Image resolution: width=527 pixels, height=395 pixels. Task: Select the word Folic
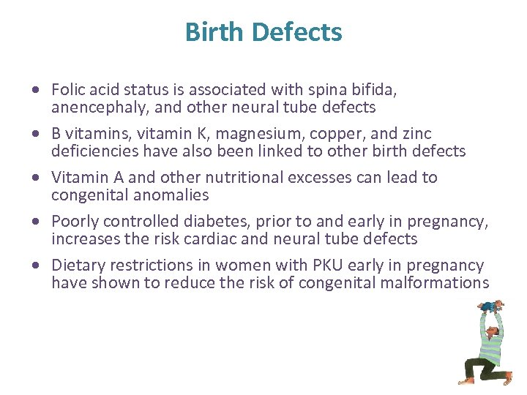point(68,90)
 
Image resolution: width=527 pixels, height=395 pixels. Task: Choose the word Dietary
point(78,266)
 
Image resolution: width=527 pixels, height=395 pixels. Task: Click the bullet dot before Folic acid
point(36,91)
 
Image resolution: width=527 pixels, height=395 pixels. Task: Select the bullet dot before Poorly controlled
point(36,222)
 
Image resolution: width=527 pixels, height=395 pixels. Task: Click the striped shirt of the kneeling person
point(490,341)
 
